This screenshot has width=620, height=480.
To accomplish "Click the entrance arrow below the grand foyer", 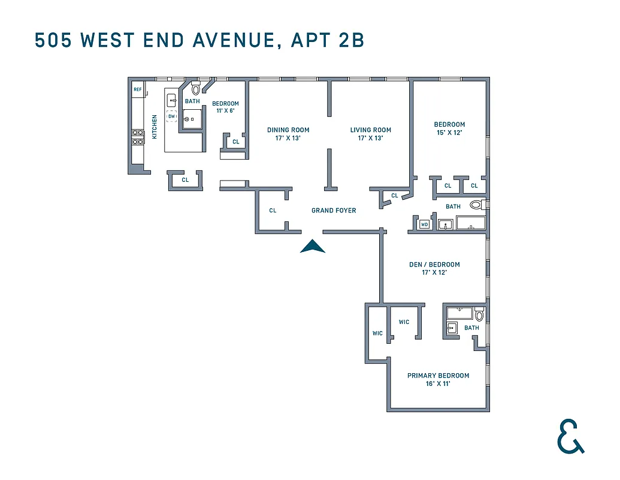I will (312, 247).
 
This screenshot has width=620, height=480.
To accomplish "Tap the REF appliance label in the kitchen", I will (138, 90).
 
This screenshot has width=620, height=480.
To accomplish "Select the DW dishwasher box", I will (171, 116).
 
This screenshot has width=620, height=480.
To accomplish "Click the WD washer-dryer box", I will (425, 224).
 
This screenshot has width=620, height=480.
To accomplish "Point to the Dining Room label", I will (288, 130).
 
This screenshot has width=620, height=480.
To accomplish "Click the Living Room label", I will (370, 130).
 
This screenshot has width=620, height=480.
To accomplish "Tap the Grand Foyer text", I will (334, 211).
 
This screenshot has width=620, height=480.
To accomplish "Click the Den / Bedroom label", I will (435, 265).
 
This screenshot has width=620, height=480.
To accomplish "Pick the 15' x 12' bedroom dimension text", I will (449, 133).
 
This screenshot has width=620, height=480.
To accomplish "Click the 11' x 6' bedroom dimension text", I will (225, 111).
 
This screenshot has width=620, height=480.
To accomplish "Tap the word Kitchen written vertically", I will (154, 127).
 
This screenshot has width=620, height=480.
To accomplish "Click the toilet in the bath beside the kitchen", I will (196, 90).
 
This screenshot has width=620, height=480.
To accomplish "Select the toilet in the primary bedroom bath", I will (479, 315).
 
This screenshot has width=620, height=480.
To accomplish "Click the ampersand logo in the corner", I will (570, 436).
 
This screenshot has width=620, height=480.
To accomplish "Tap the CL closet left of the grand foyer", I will (273, 211).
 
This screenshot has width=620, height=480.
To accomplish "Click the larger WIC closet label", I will (404, 322).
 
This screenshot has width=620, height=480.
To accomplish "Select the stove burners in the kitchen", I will (137, 137).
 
